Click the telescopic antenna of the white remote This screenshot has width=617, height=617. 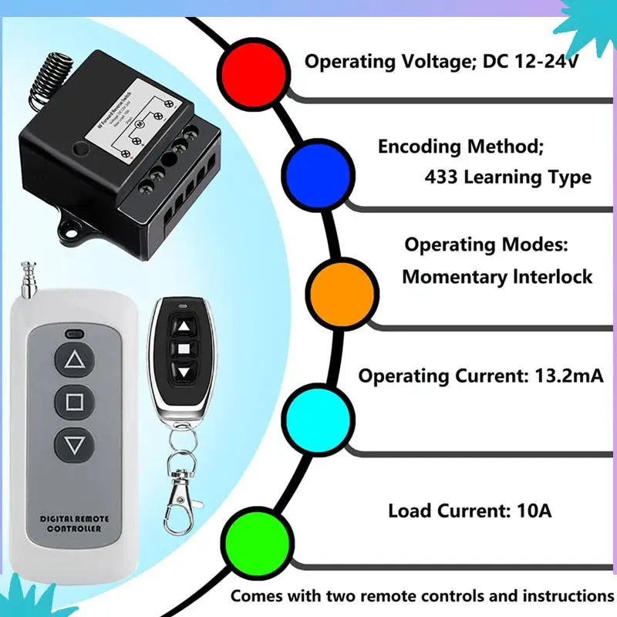[x=29, y=285]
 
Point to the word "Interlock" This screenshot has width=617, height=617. [x=552, y=276]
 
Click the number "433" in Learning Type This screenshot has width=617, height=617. [x=440, y=177]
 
